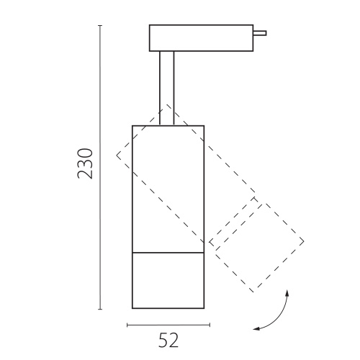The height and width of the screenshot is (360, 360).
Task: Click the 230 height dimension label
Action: pyautogui.click(x=85, y=163)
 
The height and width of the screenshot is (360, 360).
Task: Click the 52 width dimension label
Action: pyautogui.click(x=168, y=341)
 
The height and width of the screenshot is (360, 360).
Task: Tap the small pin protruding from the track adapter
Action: pyautogui.click(x=260, y=33)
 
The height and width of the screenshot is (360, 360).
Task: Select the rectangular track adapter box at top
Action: pyautogui.click(x=201, y=38)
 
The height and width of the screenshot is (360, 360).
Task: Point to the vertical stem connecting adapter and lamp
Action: pyautogui.click(x=167, y=88)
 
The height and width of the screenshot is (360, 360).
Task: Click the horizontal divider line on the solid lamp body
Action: pyautogui.click(x=168, y=253)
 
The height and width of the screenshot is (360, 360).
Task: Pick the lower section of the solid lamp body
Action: pyautogui.click(x=168, y=280)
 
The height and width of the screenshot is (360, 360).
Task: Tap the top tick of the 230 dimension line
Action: pyautogui.click(x=100, y=25)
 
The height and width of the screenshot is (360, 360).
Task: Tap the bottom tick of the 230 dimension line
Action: pyautogui.click(x=100, y=309)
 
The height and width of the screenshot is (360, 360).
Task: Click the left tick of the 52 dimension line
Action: pyautogui.click(x=127, y=325)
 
